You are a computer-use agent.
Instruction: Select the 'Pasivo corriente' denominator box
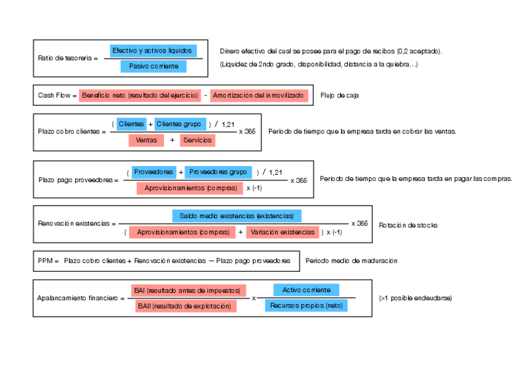click(x=154, y=66)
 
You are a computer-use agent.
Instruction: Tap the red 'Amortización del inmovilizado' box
click(x=258, y=96)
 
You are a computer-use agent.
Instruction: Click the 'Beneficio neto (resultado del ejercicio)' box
click(x=140, y=96)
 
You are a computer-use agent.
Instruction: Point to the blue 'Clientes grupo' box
click(x=179, y=124)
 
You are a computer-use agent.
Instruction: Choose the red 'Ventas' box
click(x=146, y=140)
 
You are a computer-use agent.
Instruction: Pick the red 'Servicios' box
click(x=198, y=140)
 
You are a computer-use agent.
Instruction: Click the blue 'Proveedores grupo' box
click(x=218, y=172)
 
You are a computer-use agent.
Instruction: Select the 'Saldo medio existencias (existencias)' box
click(x=237, y=216)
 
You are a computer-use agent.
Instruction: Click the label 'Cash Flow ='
click(x=57, y=96)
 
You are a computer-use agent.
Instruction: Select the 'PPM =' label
click(x=47, y=261)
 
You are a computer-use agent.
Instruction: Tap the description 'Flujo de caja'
click(x=340, y=96)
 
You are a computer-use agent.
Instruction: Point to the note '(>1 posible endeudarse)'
click(x=415, y=298)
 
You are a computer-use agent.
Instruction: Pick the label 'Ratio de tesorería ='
click(x=67, y=58)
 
